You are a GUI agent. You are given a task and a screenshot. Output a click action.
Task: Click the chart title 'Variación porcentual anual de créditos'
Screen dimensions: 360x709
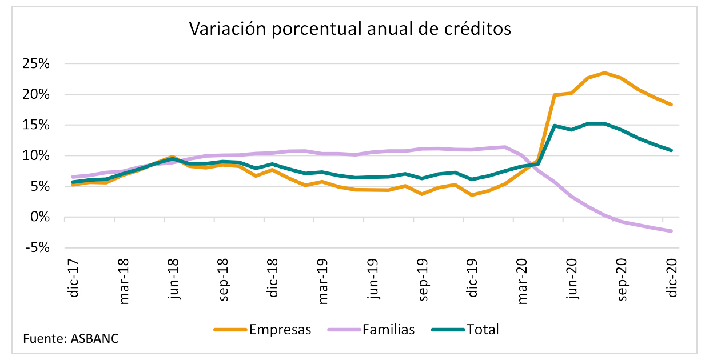click(x=350, y=29)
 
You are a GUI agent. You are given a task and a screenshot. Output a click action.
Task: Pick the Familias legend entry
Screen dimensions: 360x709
click(x=388, y=329)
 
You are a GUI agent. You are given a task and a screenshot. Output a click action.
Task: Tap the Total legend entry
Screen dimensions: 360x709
click(x=483, y=329)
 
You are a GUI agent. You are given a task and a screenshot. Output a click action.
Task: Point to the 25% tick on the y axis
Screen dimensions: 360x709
click(x=36, y=64)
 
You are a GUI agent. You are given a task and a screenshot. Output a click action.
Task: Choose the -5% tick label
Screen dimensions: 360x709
click(x=37, y=248)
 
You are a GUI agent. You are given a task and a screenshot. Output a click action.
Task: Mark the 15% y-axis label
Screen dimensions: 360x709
click(x=36, y=125)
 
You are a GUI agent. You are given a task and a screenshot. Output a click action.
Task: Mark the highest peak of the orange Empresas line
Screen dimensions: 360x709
click(x=604, y=73)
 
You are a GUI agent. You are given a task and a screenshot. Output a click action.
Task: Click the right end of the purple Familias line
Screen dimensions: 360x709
click(x=671, y=231)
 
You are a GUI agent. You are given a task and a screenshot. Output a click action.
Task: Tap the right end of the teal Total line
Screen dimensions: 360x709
click(x=671, y=150)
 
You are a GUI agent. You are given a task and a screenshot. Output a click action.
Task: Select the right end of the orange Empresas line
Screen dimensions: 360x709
click(x=671, y=105)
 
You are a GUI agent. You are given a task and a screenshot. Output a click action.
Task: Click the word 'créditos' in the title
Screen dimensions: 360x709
click(x=472, y=29)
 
